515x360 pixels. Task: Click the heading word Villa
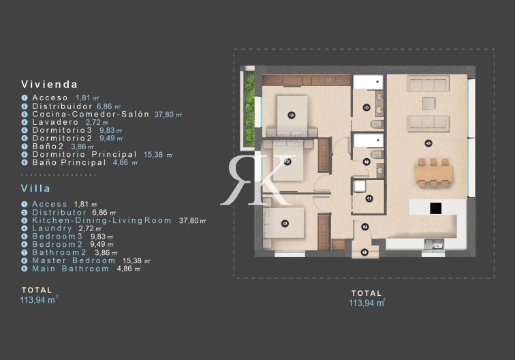coord(36,189)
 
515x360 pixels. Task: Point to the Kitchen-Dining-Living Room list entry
coord(102,220)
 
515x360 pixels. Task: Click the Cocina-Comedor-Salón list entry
coord(91,114)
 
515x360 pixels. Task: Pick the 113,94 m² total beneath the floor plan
coord(367,303)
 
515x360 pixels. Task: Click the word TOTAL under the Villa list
coord(37,290)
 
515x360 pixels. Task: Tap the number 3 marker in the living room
coord(428,143)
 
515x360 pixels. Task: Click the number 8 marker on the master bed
coord(291,115)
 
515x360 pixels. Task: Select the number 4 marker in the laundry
coord(369,198)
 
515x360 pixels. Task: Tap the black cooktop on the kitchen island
coord(435,209)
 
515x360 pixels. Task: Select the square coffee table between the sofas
coord(428,103)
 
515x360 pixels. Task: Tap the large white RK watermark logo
coord(257,179)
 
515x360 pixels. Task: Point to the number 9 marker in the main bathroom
coord(367,107)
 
